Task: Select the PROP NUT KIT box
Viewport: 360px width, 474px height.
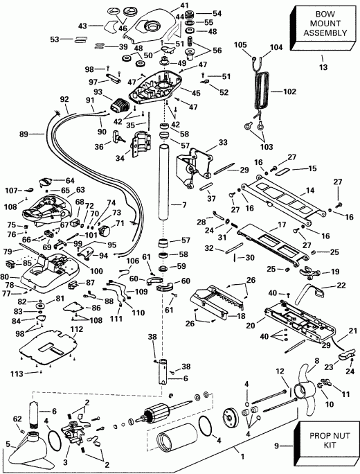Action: pos(325,444)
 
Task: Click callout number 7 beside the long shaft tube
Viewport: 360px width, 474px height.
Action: pos(183,206)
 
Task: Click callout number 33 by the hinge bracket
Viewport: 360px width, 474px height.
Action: pos(222,142)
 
